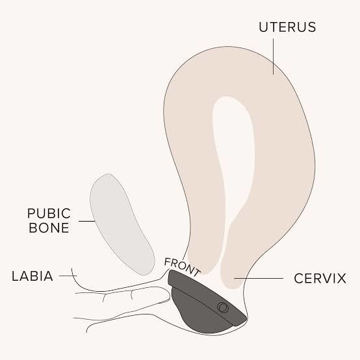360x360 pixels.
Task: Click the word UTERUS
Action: pos(287,27)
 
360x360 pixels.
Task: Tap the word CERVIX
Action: pos(320,279)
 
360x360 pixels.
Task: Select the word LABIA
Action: pos(32,276)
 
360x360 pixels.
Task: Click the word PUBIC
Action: pos(49,214)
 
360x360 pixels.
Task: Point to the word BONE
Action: pos(49,227)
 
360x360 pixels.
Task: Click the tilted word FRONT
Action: pos(182,267)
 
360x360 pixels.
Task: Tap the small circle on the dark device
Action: pos(223,307)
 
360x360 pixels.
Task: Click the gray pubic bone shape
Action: pos(122,224)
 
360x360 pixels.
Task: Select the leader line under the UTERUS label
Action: pos(273,57)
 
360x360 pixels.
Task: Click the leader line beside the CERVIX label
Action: pos(259,279)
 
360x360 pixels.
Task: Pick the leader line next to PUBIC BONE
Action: pos(87,222)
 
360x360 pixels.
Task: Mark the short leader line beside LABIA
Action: pos(68,276)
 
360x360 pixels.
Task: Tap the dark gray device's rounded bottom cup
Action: pos(202,315)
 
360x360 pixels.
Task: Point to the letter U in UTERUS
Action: pos(264,27)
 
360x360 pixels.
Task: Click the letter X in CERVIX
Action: pos(341,279)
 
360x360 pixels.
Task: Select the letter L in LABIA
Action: pos(15,276)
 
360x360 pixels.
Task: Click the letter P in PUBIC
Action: pos(31,214)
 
